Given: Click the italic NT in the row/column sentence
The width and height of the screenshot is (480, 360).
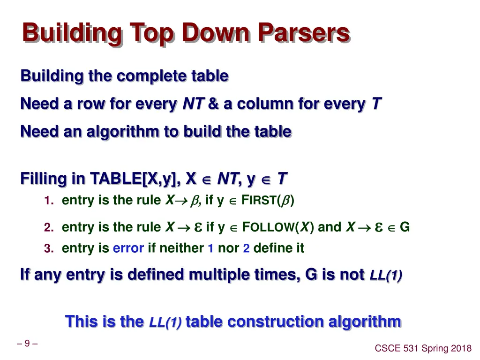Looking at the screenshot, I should click(192, 104).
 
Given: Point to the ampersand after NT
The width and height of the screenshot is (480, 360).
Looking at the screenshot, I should click(213, 104).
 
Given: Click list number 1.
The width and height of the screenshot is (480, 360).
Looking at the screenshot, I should click(47, 201).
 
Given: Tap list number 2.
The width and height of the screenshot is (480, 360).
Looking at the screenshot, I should click(47, 228).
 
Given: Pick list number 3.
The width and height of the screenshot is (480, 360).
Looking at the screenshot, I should click(47, 248).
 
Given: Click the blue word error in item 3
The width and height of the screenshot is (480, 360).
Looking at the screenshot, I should click(128, 248).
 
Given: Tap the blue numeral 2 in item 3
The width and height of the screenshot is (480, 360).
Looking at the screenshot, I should click(246, 248).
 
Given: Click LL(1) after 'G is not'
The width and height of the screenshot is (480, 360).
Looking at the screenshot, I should click(385, 275).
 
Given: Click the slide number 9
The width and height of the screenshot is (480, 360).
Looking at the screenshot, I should click(27, 344).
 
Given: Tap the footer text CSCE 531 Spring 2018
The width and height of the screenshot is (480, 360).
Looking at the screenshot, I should click(423, 348).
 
